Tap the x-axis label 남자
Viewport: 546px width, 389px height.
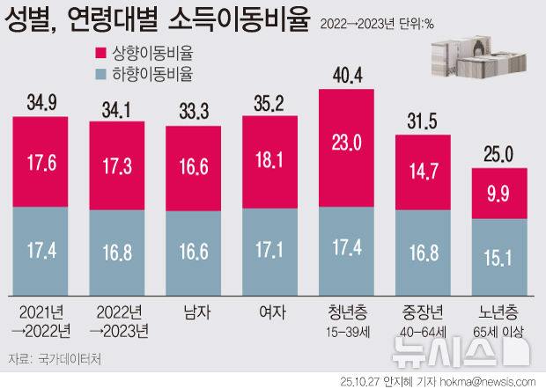[x=195, y=312]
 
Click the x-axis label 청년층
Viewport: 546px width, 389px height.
[x=348, y=312]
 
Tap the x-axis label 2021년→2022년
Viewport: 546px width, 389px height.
[x=41, y=321]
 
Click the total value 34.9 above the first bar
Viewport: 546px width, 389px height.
[x=41, y=104]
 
